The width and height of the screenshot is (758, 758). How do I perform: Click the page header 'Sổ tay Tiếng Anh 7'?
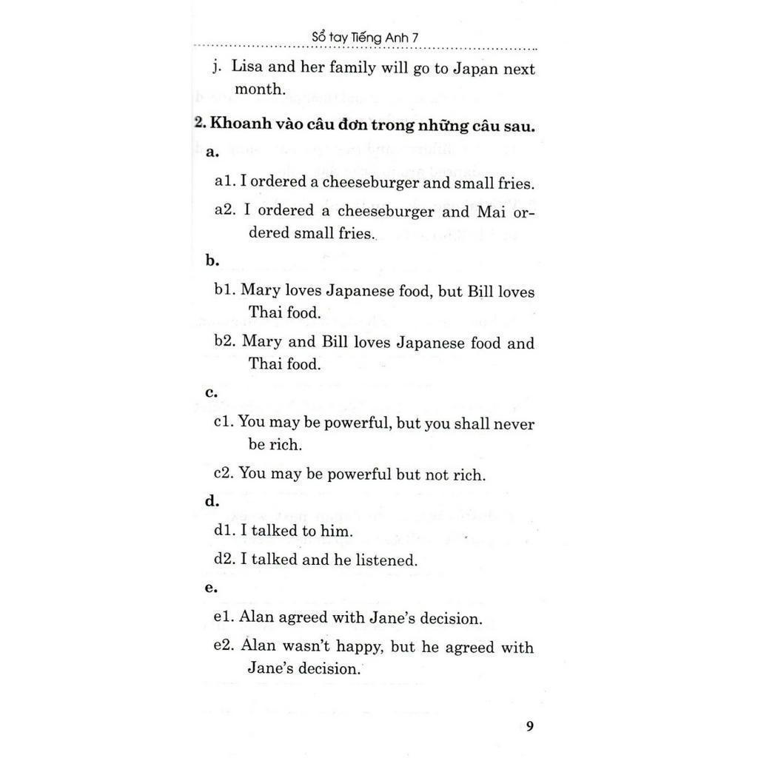coord(366,38)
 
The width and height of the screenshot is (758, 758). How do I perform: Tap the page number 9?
coord(529,725)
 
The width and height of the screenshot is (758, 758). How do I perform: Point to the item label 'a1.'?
coord(224,182)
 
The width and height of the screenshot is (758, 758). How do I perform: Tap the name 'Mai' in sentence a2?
coord(483,211)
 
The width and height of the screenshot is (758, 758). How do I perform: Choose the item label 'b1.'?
coord(224,290)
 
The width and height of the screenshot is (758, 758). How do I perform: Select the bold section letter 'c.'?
coord(211,392)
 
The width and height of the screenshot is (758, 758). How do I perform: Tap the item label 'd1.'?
coord(224,530)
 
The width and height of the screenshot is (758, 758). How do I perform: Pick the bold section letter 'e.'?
coord(211,588)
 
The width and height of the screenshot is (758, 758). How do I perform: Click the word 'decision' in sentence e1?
coord(449,617)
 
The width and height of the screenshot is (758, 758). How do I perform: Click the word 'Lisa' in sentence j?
coord(246,66)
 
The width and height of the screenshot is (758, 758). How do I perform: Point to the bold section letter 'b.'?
coord(212,261)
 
